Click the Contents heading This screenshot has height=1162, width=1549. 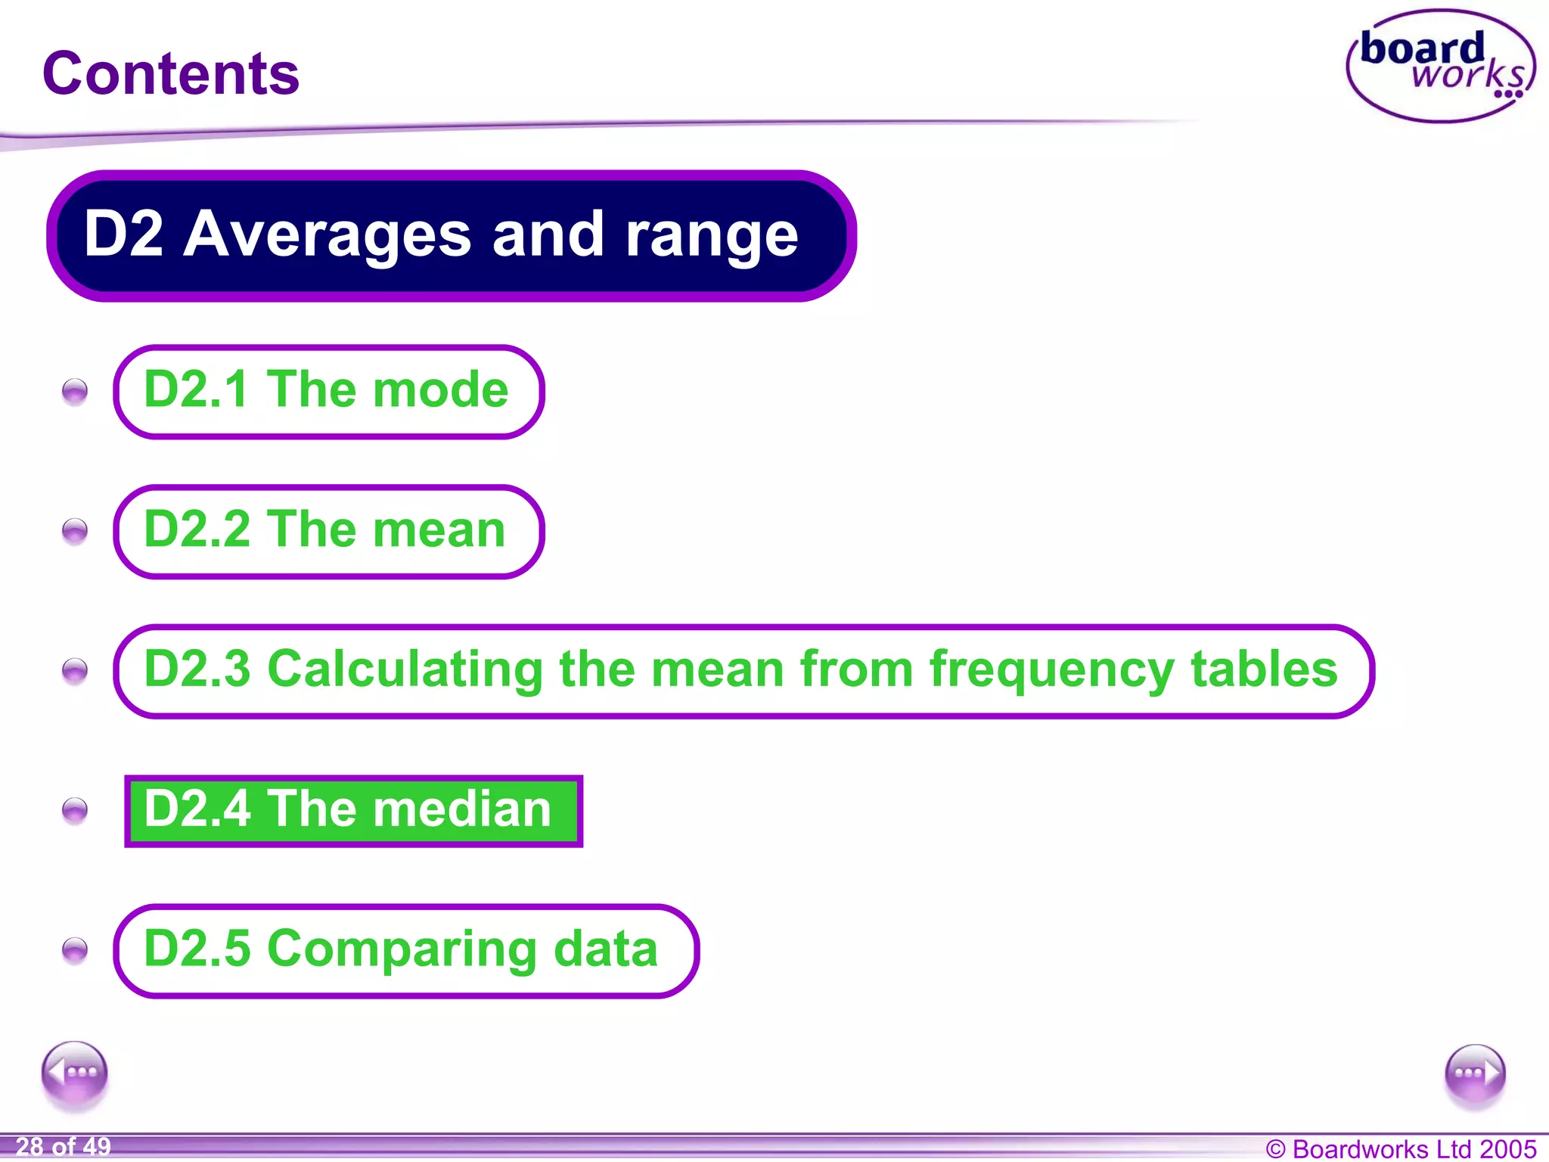tap(171, 73)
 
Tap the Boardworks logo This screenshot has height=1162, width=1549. tap(1440, 67)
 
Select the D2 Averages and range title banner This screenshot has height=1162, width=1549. tap(451, 235)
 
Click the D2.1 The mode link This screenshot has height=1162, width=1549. tap(328, 391)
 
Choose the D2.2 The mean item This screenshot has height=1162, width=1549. tap(328, 531)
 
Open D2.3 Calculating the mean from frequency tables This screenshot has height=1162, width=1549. tap(743, 671)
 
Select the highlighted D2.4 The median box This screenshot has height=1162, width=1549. tap(353, 810)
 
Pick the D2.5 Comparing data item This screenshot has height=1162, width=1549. tap(405, 950)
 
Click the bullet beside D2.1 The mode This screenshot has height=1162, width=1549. tap(75, 392)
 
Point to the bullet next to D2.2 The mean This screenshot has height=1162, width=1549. tap(75, 531)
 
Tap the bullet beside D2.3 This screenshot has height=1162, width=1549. tap(75, 671)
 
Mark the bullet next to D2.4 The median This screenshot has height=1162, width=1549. tap(75, 811)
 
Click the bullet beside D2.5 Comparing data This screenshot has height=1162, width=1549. tap(75, 950)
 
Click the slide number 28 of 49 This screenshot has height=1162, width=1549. tap(64, 1147)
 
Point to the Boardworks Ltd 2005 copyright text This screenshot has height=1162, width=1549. tap(1401, 1148)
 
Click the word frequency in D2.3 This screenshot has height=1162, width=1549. tap(1052, 671)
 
